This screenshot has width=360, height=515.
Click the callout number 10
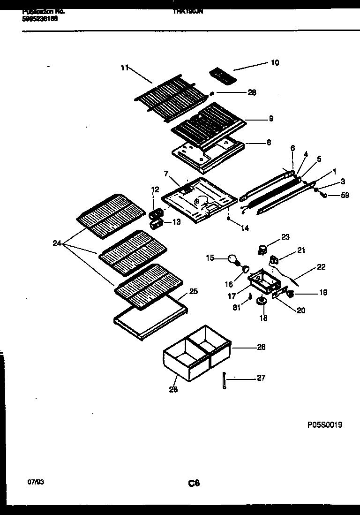point(275,62)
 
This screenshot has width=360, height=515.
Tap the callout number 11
point(124,68)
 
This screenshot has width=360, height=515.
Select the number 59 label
point(345,195)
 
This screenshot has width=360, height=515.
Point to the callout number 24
point(57,243)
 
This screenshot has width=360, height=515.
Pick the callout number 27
point(261,378)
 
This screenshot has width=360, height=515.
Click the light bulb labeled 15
point(233,258)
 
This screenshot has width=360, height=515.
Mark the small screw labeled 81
point(250,296)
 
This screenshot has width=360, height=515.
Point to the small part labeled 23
point(262,248)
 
